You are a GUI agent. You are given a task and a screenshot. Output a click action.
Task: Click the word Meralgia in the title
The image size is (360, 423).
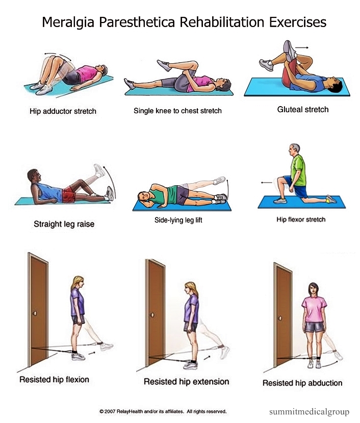[x=68, y=22]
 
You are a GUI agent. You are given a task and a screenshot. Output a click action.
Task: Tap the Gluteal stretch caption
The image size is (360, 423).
[x=303, y=110]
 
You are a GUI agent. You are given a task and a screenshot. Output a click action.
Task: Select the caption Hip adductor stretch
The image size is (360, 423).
[x=63, y=111]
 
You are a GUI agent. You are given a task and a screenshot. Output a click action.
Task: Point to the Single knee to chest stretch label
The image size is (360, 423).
[x=177, y=111]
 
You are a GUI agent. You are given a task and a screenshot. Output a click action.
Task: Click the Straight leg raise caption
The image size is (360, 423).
[x=64, y=224]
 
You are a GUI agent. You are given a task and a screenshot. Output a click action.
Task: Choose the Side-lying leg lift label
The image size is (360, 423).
[x=178, y=220]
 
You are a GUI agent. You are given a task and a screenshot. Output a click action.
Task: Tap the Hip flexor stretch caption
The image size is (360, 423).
[x=301, y=219]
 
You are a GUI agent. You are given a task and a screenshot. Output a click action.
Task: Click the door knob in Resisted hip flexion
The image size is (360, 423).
[x=35, y=313]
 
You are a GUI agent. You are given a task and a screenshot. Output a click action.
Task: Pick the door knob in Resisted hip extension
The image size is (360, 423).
[x=152, y=315]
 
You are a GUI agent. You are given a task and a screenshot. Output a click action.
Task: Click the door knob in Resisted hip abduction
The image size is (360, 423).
[x=280, y=318]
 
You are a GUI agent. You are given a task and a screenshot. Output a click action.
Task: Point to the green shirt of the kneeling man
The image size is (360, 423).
[x=298, y=171]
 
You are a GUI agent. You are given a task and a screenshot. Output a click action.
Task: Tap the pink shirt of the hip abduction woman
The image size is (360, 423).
[x=314, y=309]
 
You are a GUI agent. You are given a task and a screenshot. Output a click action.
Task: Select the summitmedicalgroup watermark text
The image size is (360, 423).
[x=309, y=412]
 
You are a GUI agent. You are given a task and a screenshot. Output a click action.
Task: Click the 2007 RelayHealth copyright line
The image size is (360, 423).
[x=163, y=412]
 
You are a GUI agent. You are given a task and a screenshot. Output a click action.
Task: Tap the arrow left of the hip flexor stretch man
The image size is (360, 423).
[x=266, y=183]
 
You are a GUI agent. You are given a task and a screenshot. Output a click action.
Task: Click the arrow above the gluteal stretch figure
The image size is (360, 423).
[x=302, y=48]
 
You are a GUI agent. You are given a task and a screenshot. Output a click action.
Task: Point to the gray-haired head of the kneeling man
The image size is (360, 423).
[x=294, y=150]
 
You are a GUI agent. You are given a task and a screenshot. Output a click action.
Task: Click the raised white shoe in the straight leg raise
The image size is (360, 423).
[x=99, y=170]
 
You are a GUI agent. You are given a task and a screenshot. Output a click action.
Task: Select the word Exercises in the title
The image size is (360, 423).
[x=298, y=22]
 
